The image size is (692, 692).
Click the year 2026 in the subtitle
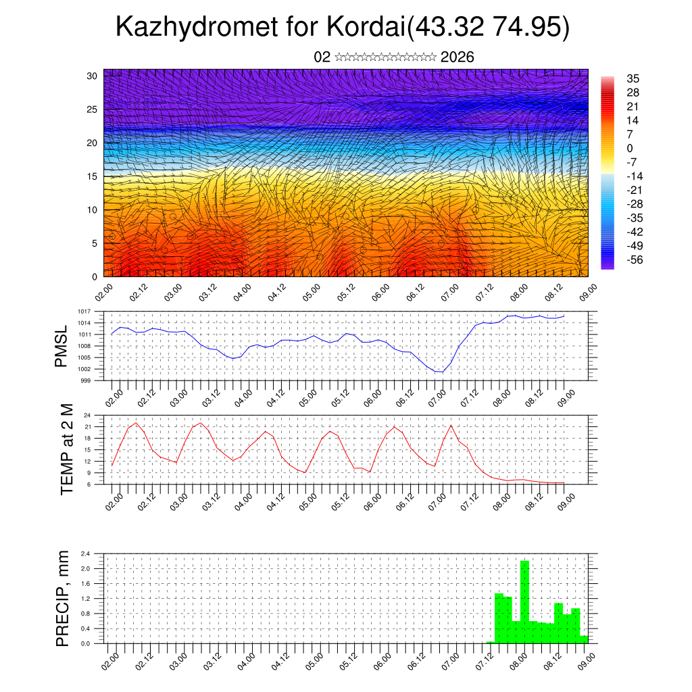457,57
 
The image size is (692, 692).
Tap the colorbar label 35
633,78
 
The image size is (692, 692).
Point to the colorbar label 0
630,148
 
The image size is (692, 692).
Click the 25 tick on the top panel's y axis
95,109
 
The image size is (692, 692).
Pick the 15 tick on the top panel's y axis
95,176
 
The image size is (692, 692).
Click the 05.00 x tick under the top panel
312,293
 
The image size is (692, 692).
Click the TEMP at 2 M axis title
67,449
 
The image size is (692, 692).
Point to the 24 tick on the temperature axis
88,415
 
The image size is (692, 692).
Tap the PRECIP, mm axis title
63,599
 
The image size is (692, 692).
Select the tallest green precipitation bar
524,601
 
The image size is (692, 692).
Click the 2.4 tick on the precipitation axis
86,553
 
